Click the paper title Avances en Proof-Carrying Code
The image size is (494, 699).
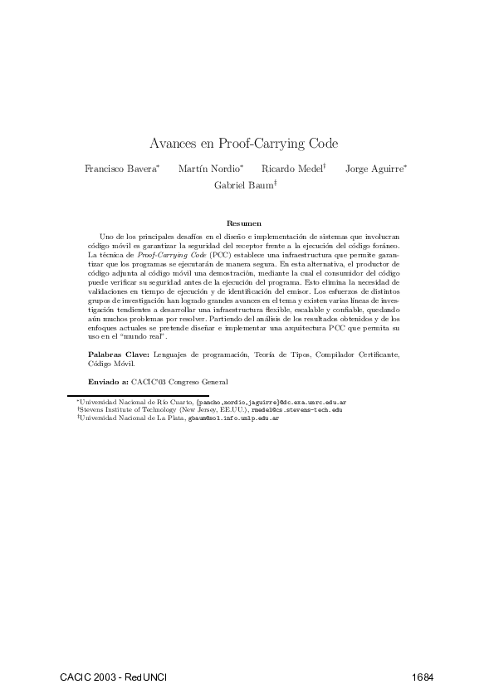244,143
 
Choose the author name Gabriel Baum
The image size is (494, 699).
243,185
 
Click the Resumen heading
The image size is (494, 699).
244,223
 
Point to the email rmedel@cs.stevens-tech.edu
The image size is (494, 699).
296,410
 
